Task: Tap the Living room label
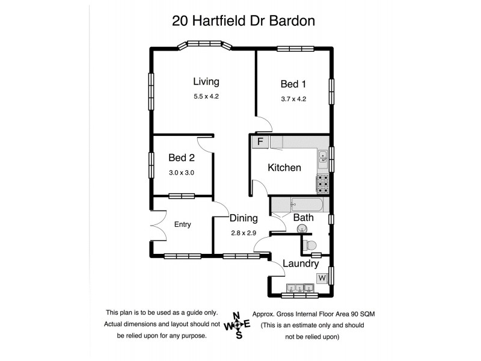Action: (206, 82)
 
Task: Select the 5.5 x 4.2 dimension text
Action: (206, 96)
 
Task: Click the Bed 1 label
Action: (293, 84)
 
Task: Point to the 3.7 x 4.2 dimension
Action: (293, 99)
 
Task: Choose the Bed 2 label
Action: (182, 158)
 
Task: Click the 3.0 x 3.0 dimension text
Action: (182, 173)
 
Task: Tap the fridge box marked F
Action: (260, 142)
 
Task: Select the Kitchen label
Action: (284, 168)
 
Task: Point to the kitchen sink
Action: (323, 156)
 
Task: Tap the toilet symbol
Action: (310, 245)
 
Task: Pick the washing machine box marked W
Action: (322, 278)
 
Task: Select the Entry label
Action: (182, 224)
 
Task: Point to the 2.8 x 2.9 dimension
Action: (244, 233)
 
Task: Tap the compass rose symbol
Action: (237, 326)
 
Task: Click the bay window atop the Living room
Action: (206, 44)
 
